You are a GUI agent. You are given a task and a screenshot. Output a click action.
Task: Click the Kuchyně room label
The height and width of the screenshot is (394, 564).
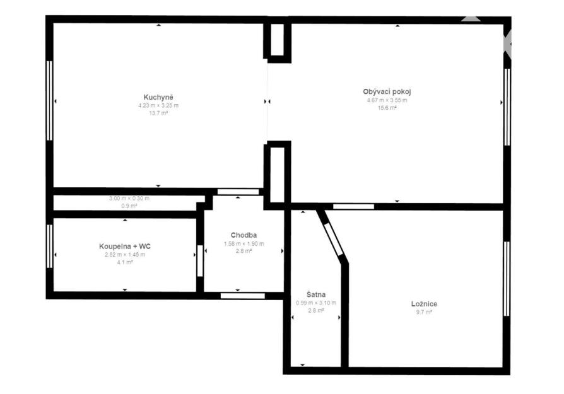(x=158, y=98)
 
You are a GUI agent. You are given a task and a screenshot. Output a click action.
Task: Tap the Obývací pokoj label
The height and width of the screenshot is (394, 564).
(x=387, y=91)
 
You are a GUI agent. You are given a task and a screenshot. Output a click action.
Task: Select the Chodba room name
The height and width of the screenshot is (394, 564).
(x=244, y=235)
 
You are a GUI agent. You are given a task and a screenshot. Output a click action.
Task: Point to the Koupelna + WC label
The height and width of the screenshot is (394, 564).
(x=125, y=246)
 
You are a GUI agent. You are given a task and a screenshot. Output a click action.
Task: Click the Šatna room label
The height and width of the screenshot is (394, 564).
(x=316, y=294)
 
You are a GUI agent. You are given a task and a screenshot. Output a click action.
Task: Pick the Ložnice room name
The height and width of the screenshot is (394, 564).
(x=424, y=304)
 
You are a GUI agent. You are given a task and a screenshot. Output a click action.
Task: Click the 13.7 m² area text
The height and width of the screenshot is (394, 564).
(x=158, y=113)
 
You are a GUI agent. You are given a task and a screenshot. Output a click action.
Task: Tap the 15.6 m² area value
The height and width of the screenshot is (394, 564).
(x=387, y=108)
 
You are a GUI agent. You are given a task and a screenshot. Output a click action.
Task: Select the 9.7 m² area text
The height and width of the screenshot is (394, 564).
(x=424, y=312)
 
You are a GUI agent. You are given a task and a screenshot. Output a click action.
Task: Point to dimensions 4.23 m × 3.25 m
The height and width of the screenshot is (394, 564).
(x=158, y=105)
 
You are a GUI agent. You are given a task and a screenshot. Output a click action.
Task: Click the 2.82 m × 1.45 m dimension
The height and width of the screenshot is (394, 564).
(x=125, y=255)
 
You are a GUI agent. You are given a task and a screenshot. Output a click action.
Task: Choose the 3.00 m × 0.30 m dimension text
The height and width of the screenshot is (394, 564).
(x=129, y=198)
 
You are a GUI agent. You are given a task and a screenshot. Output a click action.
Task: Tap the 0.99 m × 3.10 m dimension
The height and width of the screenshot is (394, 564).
(x=316, y=303)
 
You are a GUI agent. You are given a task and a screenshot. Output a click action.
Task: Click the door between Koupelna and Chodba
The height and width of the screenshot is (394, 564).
(x=200, y=260)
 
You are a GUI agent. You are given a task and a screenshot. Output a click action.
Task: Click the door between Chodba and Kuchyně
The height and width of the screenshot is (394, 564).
(x=238, y=192)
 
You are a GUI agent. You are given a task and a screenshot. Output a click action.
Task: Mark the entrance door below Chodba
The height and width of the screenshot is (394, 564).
(x=242, y=296)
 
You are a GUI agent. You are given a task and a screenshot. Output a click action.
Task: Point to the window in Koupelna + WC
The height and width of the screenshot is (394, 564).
(x=50, y=246)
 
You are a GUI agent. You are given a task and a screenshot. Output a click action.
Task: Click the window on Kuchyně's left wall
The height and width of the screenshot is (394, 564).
(x=50, y=100)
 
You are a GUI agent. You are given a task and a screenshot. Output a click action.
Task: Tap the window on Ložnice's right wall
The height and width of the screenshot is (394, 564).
(x=507, y=279)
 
